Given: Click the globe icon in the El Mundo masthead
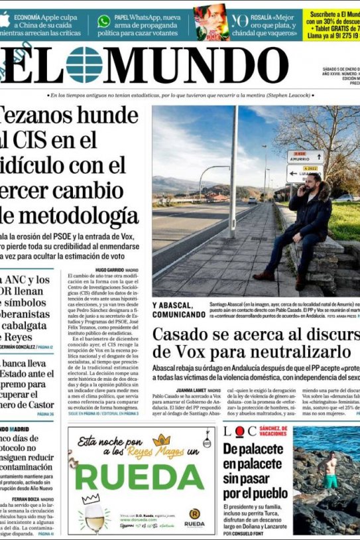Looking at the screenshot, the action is coord(85,65).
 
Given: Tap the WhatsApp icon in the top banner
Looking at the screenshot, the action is coord(104,21).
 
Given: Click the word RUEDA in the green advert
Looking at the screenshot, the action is coord(139,476).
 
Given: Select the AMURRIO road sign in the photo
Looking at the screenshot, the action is coord(306,157).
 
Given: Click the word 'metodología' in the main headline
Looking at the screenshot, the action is coord(77,216).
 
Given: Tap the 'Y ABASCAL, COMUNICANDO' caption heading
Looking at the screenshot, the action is coord(178,310).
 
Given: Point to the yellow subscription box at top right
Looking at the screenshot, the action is coord(332,24).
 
